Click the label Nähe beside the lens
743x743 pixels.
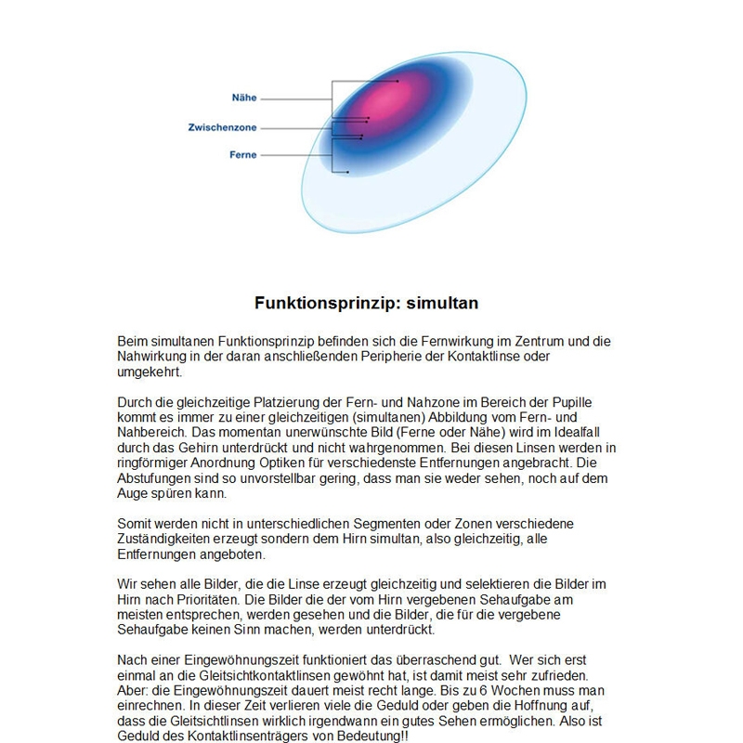click(244, 98)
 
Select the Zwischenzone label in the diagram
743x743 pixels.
click(222, 127)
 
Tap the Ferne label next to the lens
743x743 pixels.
click(243, 155)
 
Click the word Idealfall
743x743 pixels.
click(582, 432)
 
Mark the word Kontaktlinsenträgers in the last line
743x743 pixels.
click(244, 734)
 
